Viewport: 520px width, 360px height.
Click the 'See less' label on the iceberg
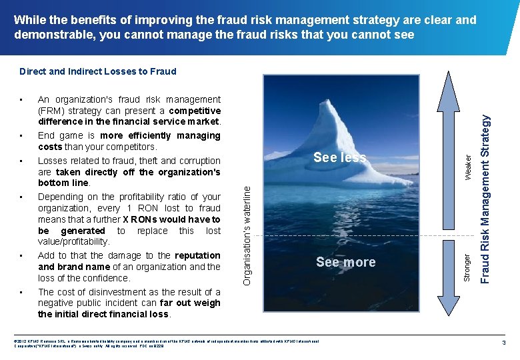340,157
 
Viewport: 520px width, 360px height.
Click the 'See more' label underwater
345,262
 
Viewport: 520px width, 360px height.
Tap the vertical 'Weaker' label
468,166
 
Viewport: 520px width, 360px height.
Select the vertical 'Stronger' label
468,266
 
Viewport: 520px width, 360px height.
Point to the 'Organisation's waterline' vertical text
247,235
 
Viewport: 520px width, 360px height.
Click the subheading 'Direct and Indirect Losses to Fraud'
98,71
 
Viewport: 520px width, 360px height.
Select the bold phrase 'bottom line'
62,183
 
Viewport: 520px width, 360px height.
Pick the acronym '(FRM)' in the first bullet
51,111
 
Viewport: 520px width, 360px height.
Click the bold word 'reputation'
197,255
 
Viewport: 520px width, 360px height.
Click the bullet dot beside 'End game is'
23,136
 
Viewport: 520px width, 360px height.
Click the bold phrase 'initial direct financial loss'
103,314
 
